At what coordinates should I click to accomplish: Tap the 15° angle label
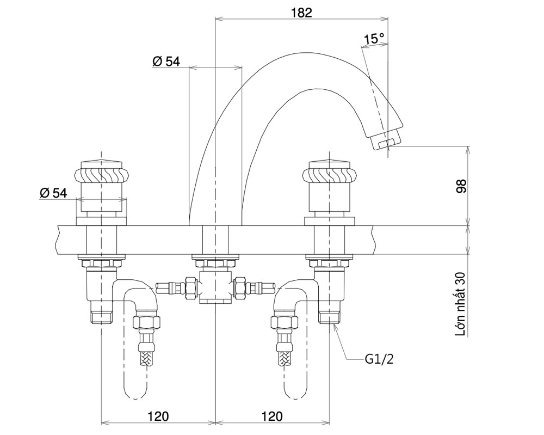click(374, 39)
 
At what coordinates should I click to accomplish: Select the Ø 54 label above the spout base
click(166, 62)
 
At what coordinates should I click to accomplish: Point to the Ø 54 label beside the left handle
click(53, 192)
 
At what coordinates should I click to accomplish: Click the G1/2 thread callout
click(379, 359)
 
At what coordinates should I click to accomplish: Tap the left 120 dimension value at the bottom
click(158, 416)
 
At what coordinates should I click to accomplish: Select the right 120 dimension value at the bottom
click(272, 416)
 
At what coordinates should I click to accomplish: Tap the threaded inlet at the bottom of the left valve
click(101, 317)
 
